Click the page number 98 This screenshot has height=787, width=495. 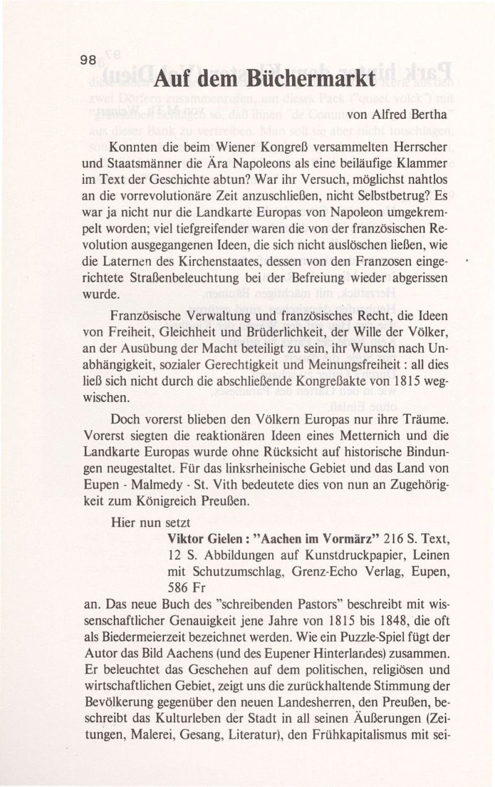pyautogui.click(x=87, y=61)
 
